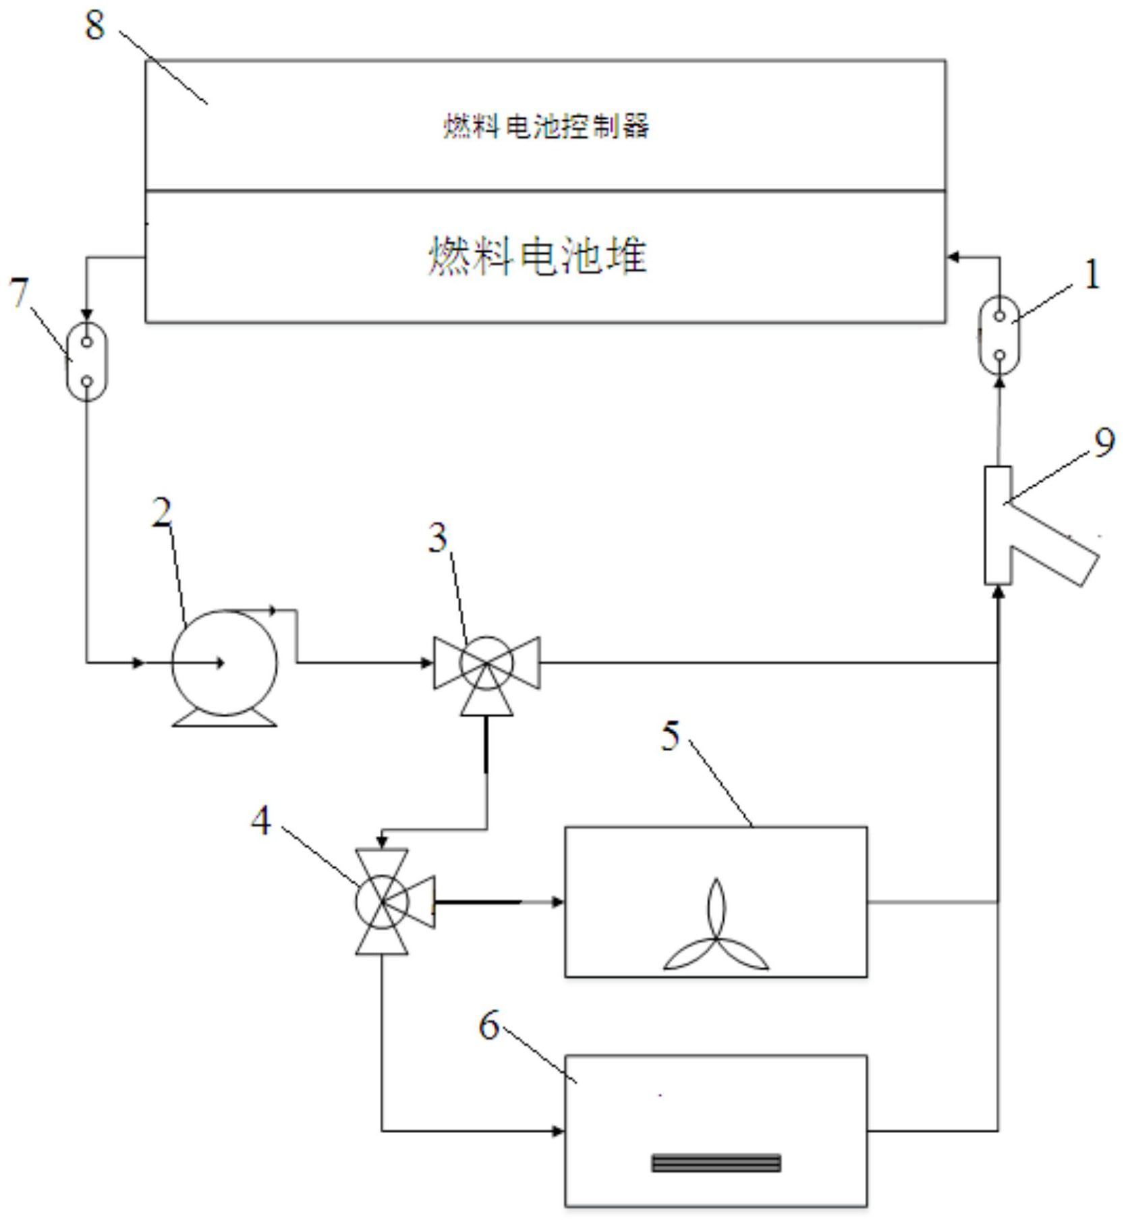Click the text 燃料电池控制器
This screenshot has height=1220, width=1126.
(545, 126)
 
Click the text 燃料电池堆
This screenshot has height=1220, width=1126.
(538, 256)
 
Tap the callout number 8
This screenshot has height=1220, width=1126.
(95, 26)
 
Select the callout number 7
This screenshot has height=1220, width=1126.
(20, 293)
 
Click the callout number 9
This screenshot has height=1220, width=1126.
(1104, 443)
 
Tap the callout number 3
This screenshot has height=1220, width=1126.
(439, 538)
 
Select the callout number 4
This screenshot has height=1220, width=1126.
(261, 822)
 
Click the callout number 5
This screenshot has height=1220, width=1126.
(670, 735)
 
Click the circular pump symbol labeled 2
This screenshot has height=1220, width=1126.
(225, 663)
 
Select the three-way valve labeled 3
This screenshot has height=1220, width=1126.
(486, 664)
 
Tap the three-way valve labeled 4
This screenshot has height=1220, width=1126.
(383, 902)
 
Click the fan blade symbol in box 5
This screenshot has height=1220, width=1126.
(716, 934)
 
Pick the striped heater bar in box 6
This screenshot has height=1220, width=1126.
(716, 1163)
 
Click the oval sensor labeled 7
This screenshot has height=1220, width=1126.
(86, 361)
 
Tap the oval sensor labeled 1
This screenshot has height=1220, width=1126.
(999, 335)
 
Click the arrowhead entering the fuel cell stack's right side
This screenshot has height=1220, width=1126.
(953, 256)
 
